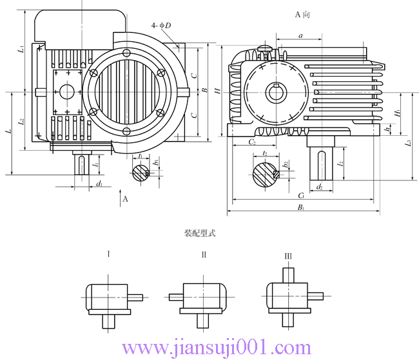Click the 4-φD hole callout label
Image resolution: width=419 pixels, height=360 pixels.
pyautogui.click(x=161, y=25)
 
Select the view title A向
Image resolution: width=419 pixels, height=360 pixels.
pyautogui.click(x=303, y=14)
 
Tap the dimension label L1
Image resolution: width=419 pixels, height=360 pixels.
pyautogui.click(x=21, y=49)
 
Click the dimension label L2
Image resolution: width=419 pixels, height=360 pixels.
pyautogui.click(x=21, y=120)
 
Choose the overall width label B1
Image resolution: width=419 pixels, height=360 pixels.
pyautogui.click(x=301, y=207)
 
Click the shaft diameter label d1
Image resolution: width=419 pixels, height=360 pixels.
pyautogui.click(x=99, y=184)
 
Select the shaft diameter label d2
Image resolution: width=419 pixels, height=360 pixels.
pyautogui.click(x=320, y=186)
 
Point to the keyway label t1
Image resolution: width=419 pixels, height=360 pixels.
pyautogui.click(x=140, y=156)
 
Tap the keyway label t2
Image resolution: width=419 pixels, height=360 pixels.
pyautogui.click(x=265, y=153)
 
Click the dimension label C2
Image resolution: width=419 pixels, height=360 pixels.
pyautogui.click(x=252, y=141)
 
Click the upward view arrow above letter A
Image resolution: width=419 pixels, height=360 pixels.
pyautogui.click(x=121, y=191)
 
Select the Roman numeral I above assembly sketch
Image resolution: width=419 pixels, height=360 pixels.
pyautogui.click(x=108, y=254)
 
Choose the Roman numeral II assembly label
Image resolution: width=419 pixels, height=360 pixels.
pyautogui.click(x=204, y=254)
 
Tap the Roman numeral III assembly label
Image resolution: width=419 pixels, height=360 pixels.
pyautogui.click(x=288, y=256)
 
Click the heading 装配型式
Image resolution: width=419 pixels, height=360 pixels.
pyautogui.click(x=200, y=233)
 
